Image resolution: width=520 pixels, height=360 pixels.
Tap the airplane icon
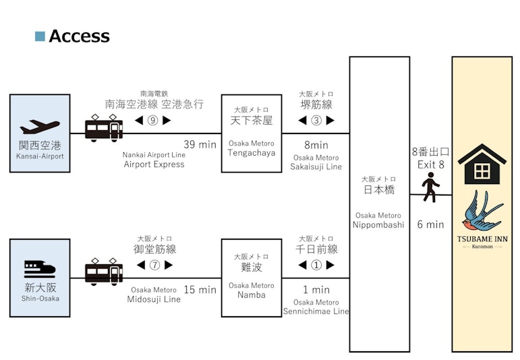[39, 126]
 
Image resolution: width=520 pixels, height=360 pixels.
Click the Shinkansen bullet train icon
[39, 270]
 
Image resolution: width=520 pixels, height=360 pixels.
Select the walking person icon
[430, 187]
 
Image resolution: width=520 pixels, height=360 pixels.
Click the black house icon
[482, 164]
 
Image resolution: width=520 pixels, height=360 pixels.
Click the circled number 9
[153, 121]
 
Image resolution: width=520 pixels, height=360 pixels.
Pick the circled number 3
[316, 121]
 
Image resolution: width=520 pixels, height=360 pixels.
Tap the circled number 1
[316, 265]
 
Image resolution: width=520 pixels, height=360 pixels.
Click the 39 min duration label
[200, 144]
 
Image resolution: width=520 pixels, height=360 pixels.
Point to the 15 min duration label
[200, 290]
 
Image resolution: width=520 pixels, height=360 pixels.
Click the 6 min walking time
[430, 224]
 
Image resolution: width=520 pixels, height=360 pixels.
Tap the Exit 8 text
[430, 164]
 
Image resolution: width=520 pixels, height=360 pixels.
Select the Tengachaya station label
[252, 152]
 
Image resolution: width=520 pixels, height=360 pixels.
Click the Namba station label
[252, 295]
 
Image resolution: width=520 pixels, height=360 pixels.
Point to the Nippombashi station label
[379, 224]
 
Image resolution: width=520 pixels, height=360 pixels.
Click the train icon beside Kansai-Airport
[104, 128]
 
